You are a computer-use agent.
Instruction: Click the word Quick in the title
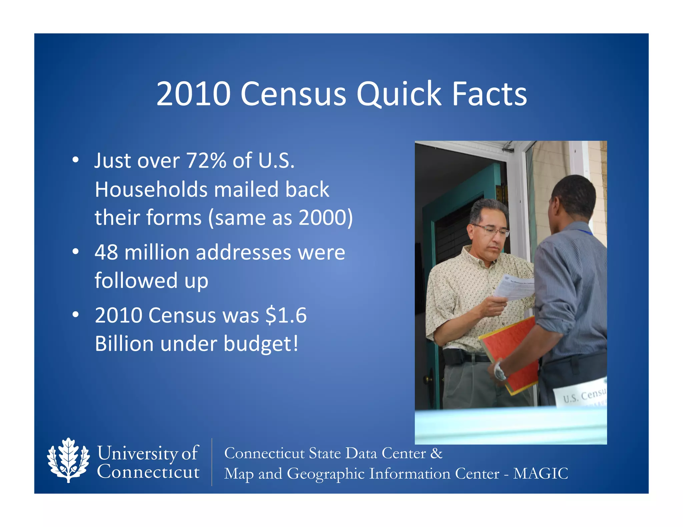coord(399,94)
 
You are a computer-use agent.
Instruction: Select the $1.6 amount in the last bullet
coord(286,315)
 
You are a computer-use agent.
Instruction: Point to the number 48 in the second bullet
coord(106,253)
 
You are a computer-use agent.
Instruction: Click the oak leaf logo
coord(68,460)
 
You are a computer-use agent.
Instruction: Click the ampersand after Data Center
coord(436,453)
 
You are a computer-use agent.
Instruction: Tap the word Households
coord(151,189)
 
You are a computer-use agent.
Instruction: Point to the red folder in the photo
coord(510,353)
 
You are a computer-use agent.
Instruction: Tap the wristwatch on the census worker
coord(499,371)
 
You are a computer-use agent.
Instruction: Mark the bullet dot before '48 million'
coord(76,252)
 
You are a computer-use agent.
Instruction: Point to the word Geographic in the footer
coord(325,474)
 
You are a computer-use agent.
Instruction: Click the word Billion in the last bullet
coord(124,343)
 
